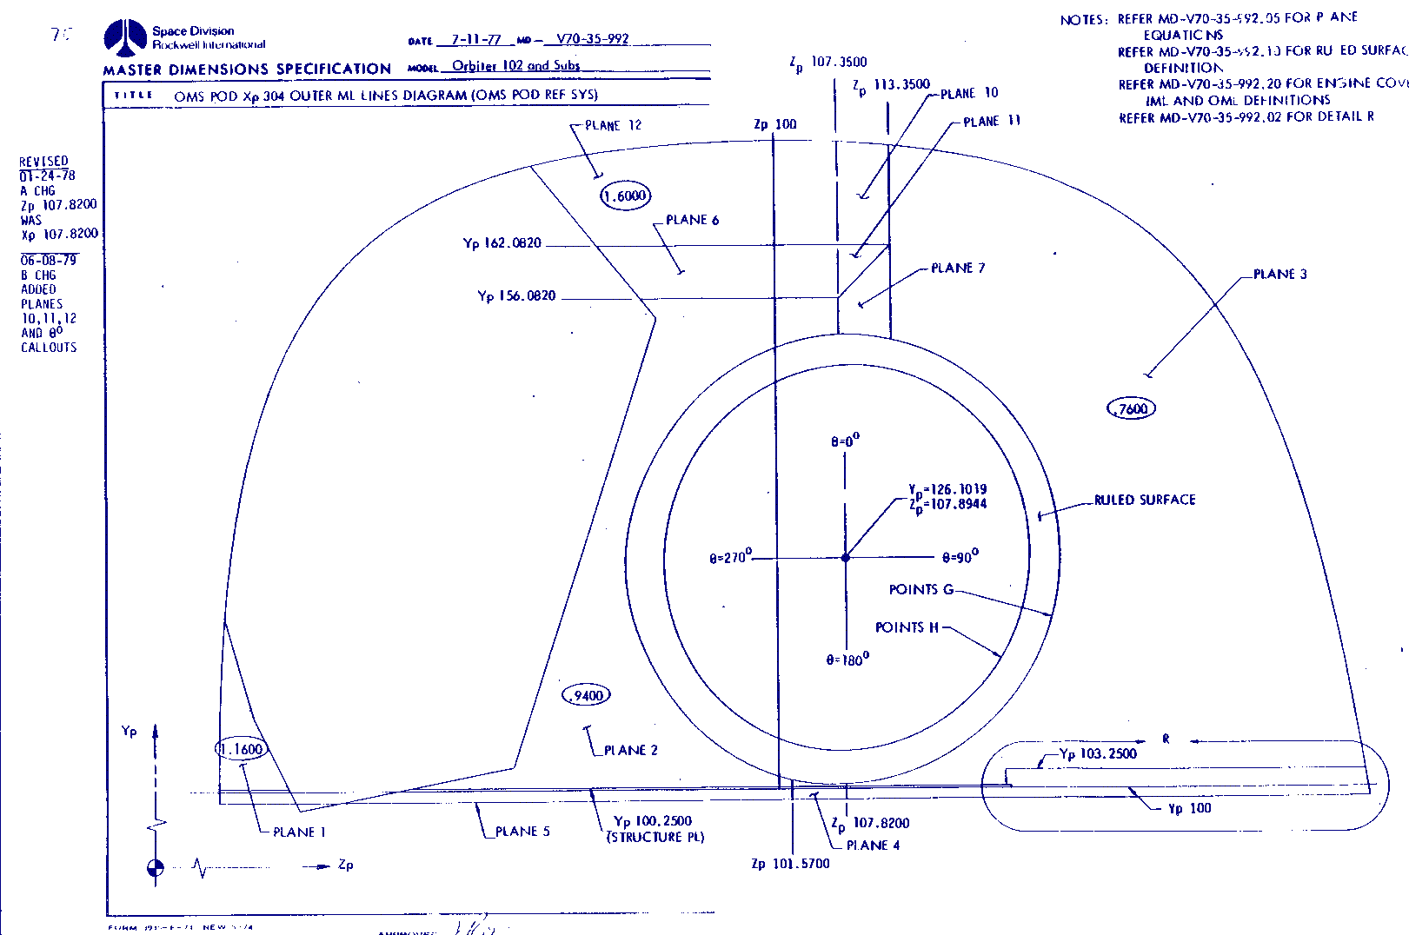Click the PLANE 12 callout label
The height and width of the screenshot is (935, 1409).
(613, 125)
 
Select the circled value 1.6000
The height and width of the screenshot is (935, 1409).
(625, 196)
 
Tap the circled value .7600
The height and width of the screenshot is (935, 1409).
(1132, 408)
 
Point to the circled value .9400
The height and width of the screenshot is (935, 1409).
(588, 695)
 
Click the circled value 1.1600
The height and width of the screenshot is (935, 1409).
(241, 749)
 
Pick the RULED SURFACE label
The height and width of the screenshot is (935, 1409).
(1145, 500)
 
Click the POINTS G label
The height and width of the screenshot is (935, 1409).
(921, 590)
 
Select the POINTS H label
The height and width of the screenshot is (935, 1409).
(907, 627)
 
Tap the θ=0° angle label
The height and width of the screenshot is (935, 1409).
(845, 441)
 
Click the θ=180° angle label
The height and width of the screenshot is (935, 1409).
(847, 660)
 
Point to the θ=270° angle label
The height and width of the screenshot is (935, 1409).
(729, 557)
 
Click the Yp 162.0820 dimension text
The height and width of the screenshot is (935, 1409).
(502, 243)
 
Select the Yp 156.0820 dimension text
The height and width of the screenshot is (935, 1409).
(516, 296)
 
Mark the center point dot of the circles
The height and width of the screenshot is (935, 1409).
(845, 557)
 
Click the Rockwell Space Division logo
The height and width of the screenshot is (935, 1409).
(125, 37)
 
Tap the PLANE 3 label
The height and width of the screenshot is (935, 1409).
(1279, 275)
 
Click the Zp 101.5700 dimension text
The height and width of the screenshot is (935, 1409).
(790, 864)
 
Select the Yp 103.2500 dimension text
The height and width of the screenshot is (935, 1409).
(1098, 753)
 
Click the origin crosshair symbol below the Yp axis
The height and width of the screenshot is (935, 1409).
(156, 867)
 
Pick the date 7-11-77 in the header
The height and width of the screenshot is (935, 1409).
(475, 40)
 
